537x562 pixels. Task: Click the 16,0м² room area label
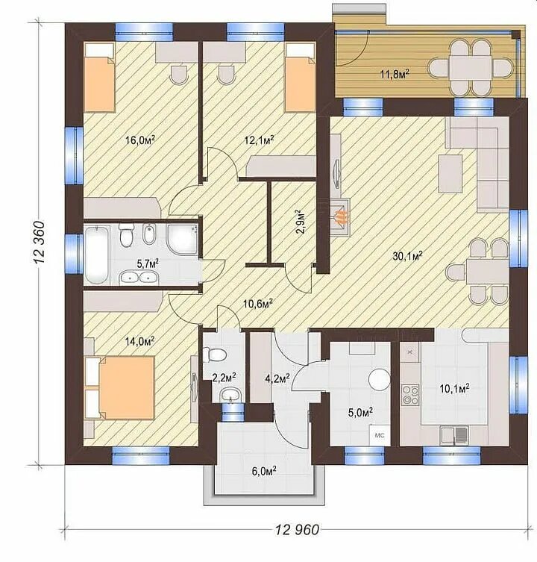[140, 140]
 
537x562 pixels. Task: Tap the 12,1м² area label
[260, 140]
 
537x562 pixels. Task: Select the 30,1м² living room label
[408, 256]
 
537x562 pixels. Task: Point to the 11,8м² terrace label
[395, 75]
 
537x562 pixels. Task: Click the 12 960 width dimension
[297, 530]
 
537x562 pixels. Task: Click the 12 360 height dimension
[39, 243]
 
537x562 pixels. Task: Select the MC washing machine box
[380, 435]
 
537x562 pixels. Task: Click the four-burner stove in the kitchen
[409, 394]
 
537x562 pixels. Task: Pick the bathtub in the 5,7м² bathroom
[97, 255]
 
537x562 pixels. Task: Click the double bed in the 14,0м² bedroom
[119, 387]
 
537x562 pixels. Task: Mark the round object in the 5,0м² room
[380, 380]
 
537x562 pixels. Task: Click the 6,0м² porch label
[264, 471]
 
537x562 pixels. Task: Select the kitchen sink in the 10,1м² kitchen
[454, 435]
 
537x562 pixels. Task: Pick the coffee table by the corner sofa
[450, 173]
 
